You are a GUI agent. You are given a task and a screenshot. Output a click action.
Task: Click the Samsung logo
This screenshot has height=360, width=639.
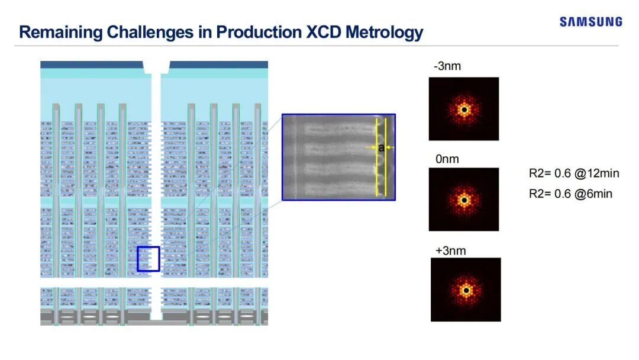(591, 21)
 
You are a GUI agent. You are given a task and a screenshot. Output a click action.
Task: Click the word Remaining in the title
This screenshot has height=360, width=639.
(61, 32)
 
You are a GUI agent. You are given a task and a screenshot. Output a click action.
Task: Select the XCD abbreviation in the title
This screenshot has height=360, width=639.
(324, 32)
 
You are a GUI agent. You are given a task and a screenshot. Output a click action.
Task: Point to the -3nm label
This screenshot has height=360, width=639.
(447, 66)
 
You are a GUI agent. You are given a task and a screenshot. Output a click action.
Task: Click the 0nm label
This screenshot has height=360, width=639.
(447, 159)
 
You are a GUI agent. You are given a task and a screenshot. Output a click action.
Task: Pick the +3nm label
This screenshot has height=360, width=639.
(450, 250)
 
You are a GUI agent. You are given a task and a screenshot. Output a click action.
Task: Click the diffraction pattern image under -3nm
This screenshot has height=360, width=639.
(464, 109)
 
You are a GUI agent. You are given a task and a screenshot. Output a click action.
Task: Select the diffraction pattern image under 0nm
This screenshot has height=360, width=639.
(464, 200)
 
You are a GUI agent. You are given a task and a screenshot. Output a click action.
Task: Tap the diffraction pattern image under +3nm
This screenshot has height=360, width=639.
(466, 290)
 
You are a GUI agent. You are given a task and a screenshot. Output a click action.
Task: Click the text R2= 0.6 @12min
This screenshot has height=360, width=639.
(574, 173)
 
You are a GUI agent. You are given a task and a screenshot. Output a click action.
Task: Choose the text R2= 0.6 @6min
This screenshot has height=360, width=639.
(570, 194)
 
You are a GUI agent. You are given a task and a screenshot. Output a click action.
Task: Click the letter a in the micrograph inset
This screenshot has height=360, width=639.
(381, 147)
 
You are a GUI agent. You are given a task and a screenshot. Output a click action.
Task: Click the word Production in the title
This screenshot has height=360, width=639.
(259, 32)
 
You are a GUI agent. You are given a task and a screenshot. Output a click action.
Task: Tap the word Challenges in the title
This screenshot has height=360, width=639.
(150, 33)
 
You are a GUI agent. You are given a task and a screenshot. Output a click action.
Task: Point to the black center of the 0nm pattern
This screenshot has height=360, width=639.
(464, 200)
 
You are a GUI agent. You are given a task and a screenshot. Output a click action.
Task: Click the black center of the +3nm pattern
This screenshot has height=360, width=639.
(466, 291)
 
